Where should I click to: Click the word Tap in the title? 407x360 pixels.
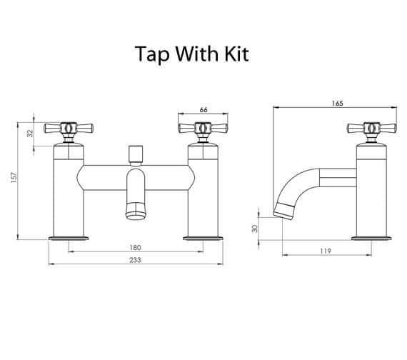(152, 54)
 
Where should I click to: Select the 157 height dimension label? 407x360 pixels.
(14, 178)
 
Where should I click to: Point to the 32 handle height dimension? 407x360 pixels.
(31, 134)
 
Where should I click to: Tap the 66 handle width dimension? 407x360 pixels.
(203, 110)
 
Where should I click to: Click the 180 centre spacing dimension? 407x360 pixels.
(135, 248)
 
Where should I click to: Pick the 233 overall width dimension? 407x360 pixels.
(135, 260)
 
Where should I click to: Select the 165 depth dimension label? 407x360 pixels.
(337, 104)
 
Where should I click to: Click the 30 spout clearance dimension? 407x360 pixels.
(255, 229)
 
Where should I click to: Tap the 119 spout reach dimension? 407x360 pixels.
(326, 251)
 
